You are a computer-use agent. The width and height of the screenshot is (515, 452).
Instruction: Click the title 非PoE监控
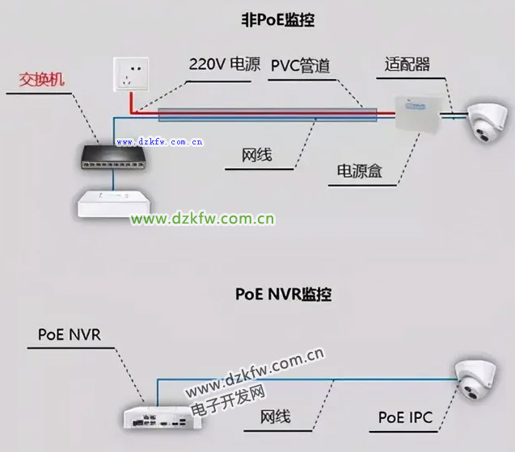276,20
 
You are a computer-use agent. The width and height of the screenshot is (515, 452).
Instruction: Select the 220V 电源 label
225,64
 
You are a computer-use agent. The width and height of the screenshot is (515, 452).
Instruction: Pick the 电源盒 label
360,171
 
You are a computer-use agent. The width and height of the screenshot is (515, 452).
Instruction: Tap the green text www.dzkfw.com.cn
203,218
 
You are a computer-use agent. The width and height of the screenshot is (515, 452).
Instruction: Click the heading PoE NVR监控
283,294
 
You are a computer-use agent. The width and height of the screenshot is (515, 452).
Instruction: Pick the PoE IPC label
405,417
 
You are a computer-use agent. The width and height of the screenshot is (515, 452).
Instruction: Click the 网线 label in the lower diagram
275,417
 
